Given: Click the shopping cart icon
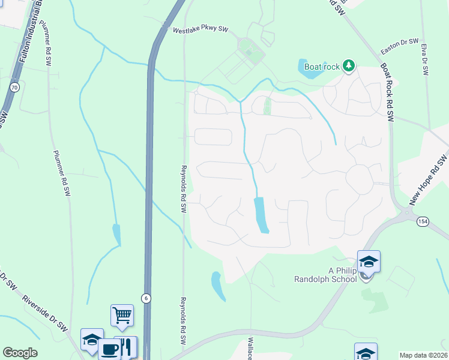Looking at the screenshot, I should click(122, 314).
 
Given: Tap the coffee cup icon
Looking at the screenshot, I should click(109, 349).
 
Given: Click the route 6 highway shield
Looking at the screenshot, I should click(145, 298).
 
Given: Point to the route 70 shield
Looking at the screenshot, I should click(14, 88).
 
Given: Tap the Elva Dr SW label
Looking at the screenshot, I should click(424, 58).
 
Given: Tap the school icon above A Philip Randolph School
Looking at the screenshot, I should click(369, 262).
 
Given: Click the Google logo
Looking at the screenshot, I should click(20, 353).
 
